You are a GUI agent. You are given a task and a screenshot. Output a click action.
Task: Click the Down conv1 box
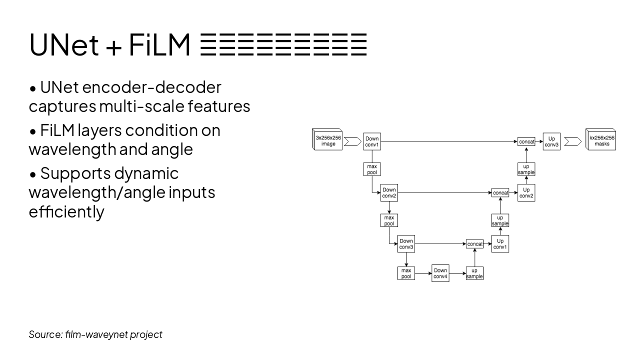pyautogui.click(x=372, y=141)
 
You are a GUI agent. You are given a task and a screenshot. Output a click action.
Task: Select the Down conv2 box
pyautogui.click(x=389, y=192)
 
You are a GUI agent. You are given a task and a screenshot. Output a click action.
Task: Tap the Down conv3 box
pyautogui.click(x=406, y=243)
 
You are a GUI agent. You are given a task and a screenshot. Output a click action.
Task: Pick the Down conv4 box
pyautogui.click(x=440, y=273)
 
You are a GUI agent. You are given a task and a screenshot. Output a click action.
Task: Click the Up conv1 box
pyautogui.click(x=500, y=243)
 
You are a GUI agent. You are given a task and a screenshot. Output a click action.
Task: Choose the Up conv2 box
pyautogui.click(x=526, y=192)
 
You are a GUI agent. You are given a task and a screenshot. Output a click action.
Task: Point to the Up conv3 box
pyautogui.click(x=551, y=141)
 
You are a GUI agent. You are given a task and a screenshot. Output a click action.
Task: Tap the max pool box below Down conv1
pyautogui.click(x=372, y=169)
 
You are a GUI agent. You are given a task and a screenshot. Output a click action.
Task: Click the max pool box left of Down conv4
pyautogui.click(x=406, y=273)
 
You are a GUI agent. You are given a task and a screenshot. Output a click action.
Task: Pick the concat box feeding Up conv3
pyautogui.click(x=526, y=141)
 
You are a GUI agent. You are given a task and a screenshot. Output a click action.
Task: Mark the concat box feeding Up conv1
pyautogui.click(x=475, y=244)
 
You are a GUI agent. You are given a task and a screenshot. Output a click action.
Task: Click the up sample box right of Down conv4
pyautogui.click(x=474, y=273)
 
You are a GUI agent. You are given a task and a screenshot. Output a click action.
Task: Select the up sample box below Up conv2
pyautogui.click(x=500, y=220)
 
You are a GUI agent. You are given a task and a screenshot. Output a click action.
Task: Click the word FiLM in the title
pyautogui.click(x=159, y=45)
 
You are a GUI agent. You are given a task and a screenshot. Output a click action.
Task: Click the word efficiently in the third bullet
pyautogui.click(x=66, y=211)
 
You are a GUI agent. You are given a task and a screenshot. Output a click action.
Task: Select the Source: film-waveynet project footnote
pyautogui.click(x=95, y=334)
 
